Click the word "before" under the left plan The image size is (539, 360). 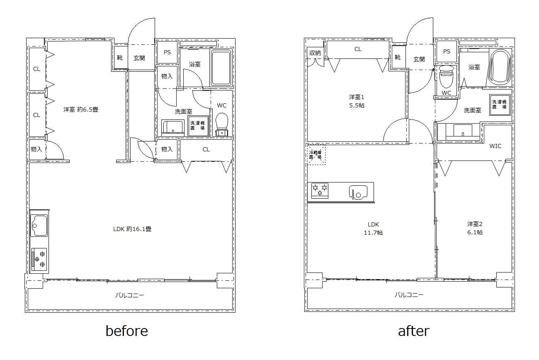[x=127, y=331]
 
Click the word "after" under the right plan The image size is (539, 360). [x=414, y=331]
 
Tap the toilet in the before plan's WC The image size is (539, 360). [x=222, y=125]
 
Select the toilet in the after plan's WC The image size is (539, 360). [x=446, y=77]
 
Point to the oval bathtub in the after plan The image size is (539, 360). [x=500, y=67]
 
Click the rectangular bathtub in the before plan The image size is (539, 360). [x=221, y=68]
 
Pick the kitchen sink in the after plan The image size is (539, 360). [x=358, y=192]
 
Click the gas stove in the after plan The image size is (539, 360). [x=320, y=191]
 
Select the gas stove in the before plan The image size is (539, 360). [x=39, y=259]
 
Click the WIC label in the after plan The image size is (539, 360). [x=495, y=146]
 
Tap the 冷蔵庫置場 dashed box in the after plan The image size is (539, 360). [x=316, y=155]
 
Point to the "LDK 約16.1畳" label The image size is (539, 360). [x=132, y=229]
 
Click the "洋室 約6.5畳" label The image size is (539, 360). [x=81, y=109]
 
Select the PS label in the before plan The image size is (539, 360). [x=167, y=52]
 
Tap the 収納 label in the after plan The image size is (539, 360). [x=315, y=53]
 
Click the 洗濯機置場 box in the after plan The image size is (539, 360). [x=500, y=105]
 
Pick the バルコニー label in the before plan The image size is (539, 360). [x=129, y=295]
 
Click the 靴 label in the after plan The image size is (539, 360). [x=398, y=57]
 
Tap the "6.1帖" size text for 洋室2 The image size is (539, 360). [x=475, y=232]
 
